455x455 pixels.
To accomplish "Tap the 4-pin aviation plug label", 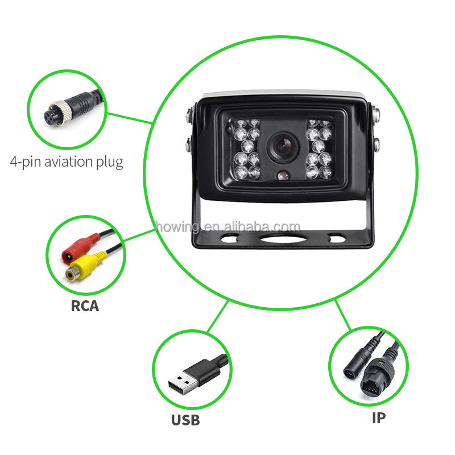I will (67, 162).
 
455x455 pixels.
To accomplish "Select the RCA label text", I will (85, 305).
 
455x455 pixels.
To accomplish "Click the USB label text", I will (185, 420).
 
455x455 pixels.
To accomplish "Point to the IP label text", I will (378, 418).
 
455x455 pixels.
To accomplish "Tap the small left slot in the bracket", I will (229, 238).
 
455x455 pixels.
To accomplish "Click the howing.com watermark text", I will (227, 227).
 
